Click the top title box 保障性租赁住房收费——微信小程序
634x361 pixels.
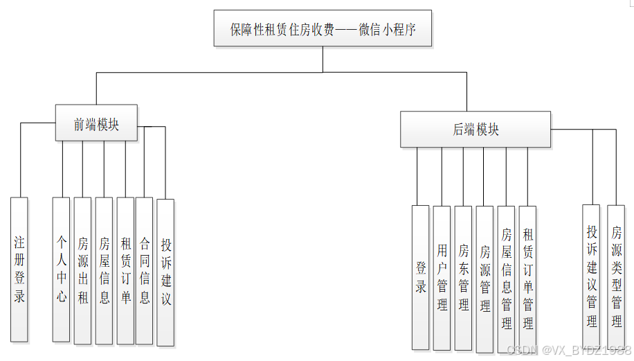(323, 29)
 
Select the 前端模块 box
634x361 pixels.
(96, 123)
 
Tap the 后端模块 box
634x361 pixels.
(475, 130)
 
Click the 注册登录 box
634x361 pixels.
(19, 270)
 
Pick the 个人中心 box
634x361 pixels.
(62, 270)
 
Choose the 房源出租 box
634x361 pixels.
(82, 271)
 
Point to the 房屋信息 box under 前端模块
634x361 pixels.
(104, 271)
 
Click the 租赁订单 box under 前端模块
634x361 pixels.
(125, 271)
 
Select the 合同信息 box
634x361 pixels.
(144, 271)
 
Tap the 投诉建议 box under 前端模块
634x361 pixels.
(166, 272)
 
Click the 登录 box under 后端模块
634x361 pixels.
(421, 277)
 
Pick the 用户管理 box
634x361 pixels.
(442, 277)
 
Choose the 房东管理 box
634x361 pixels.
(463, 277)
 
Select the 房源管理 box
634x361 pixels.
(484, 277)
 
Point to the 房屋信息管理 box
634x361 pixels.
(506, 277)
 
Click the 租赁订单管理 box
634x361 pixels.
(527, 277)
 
